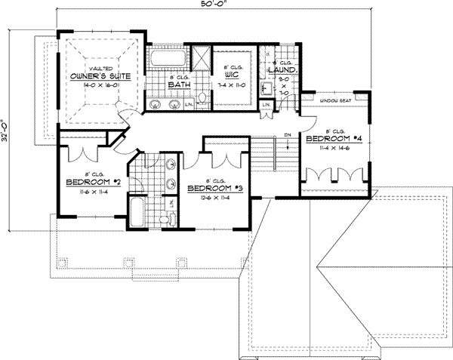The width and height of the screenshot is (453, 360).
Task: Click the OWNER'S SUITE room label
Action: click(100, 77)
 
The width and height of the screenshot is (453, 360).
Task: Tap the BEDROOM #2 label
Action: click(89, 183)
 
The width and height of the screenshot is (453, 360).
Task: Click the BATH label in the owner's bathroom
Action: click(178, 85)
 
